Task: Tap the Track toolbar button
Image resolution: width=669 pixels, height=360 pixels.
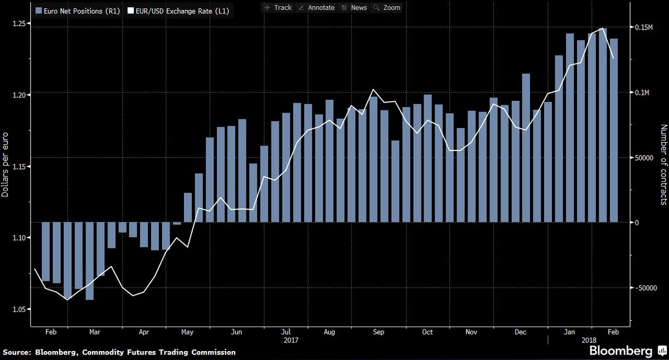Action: pos(278,8)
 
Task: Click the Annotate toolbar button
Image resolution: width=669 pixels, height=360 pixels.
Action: pos(317,8)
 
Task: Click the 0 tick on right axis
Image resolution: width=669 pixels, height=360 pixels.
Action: pos(638,222)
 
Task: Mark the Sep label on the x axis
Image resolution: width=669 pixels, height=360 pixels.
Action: pos(378,333)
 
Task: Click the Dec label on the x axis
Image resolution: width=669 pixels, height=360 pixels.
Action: pos(521,333)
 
